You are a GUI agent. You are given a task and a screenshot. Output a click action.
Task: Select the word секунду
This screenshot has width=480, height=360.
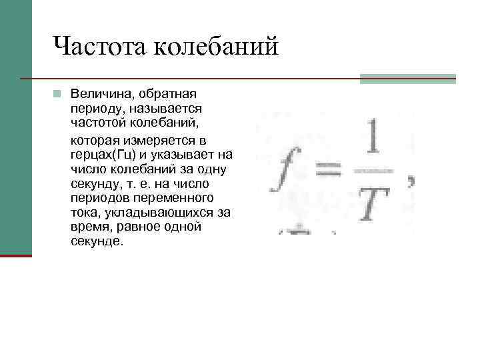click(93, 183)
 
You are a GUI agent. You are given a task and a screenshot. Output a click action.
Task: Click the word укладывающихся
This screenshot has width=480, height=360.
click(157, 213)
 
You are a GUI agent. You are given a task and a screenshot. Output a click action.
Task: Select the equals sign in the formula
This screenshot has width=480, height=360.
click(327, 172)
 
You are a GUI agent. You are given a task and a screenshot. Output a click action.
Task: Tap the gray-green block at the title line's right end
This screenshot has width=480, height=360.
click(408, 79)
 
